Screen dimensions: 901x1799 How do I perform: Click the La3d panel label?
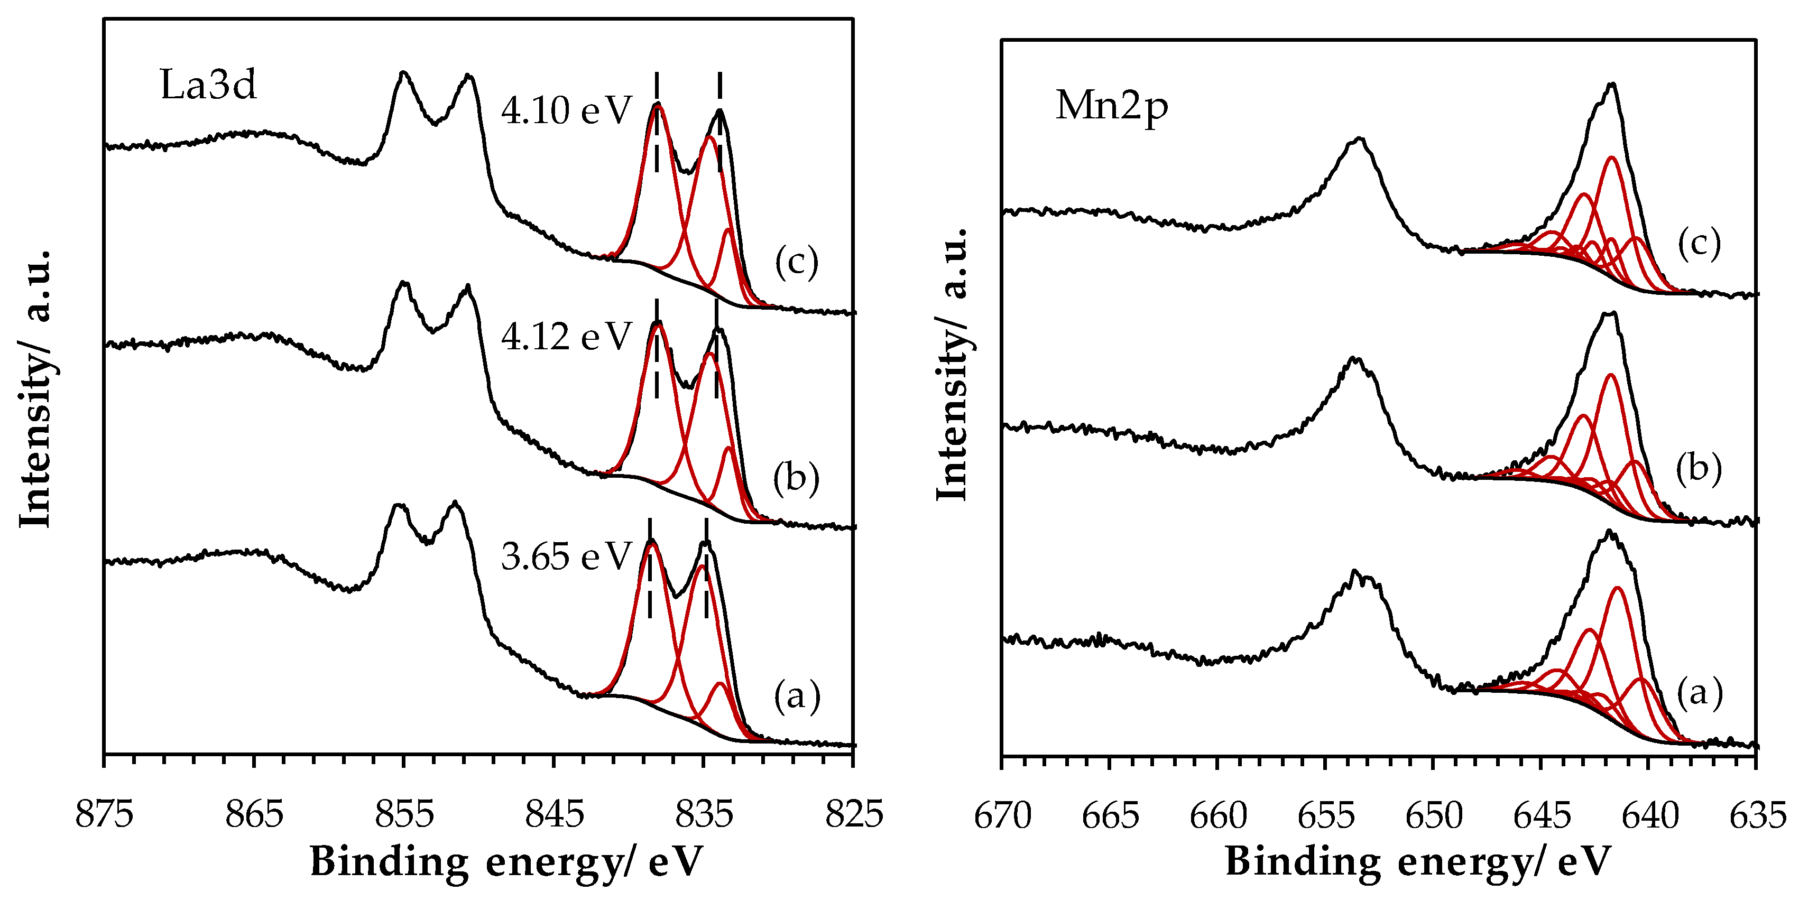(208, 85)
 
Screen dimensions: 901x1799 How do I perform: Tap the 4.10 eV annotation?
(566, 110)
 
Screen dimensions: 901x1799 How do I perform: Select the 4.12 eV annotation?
(566, 337)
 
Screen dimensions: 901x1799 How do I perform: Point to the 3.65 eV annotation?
(566, 557)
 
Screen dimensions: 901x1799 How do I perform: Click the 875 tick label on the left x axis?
(105, 814)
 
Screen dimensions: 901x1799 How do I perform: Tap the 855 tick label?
(404, 814)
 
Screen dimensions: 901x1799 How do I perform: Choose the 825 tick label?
(853, 814)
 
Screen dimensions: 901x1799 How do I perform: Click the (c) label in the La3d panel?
(796, 263)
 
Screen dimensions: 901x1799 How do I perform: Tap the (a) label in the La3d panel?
(796, 696)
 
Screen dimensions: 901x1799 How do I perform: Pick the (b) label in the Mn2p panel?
(1699, 469)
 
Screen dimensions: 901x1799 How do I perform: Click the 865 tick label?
(254, 814)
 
